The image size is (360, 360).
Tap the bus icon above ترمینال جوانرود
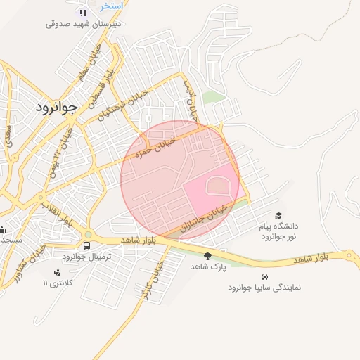[86, 245]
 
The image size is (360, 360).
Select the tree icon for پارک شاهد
[207, 256]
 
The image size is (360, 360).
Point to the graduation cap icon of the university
[278, 216]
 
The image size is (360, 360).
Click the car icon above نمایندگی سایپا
[264, 276]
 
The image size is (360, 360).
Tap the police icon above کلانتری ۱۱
[57, 272]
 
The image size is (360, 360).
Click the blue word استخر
[111, 6]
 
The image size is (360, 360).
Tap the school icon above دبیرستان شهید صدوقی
[84, 13]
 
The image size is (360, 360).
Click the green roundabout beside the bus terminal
[88, 235]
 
